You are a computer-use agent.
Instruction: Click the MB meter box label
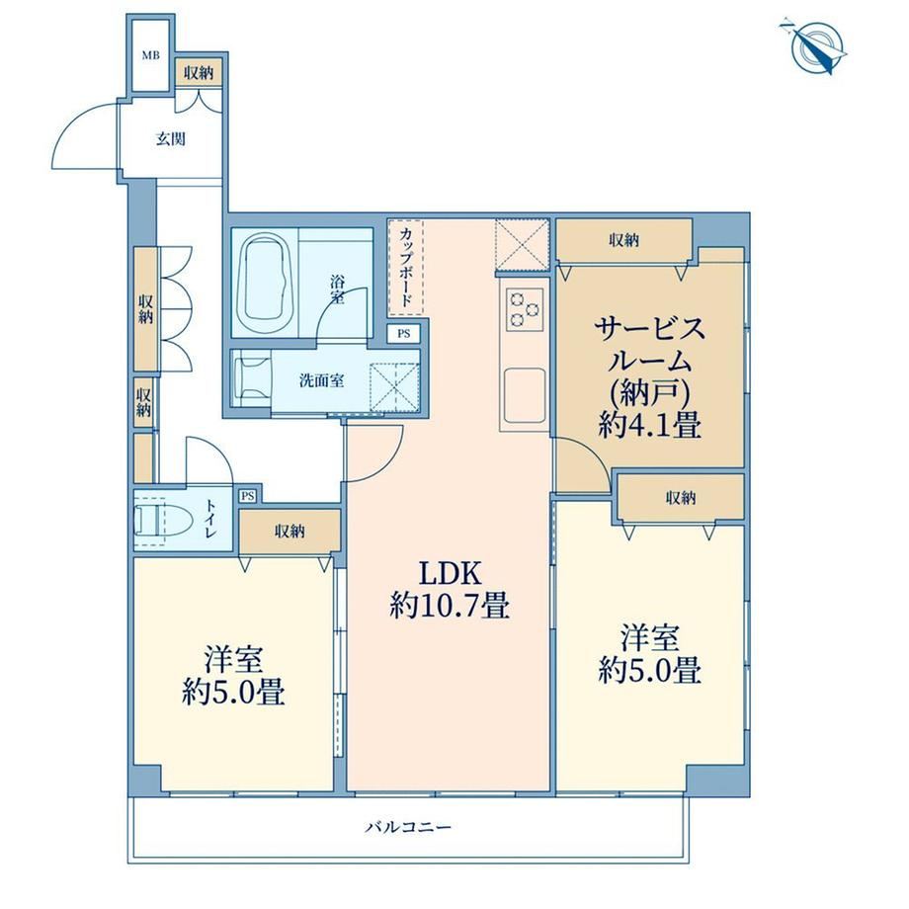click(151, 55)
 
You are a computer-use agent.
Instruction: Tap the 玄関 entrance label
click(171, 139)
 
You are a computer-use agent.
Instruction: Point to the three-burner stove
click(524, 309)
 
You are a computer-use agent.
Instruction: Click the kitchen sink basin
click(525, 395)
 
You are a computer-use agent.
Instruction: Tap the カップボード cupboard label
click(406, 267)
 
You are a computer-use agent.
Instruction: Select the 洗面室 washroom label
click(322, 380)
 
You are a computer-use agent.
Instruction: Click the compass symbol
click(816, 47)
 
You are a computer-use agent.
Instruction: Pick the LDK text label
click(450, 573)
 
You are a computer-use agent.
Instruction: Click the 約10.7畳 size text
click(450, 607)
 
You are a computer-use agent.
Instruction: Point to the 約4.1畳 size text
click(650, 426)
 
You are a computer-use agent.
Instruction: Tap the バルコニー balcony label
click(408, 827)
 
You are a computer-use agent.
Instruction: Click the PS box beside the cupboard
click(403, 333)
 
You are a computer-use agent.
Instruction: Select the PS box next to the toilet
click(248, 496)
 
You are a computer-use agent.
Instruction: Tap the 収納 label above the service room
click(623, 239)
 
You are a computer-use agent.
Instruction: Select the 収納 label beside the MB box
click(199, 72)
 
